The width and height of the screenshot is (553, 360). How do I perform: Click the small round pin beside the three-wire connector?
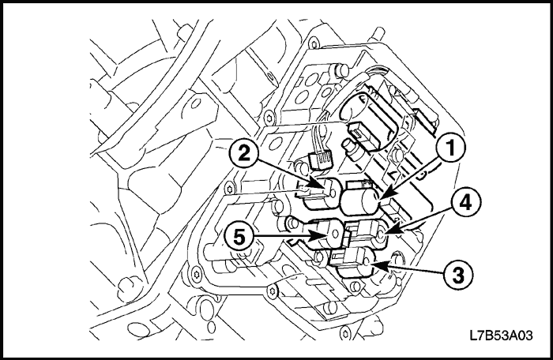347,147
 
